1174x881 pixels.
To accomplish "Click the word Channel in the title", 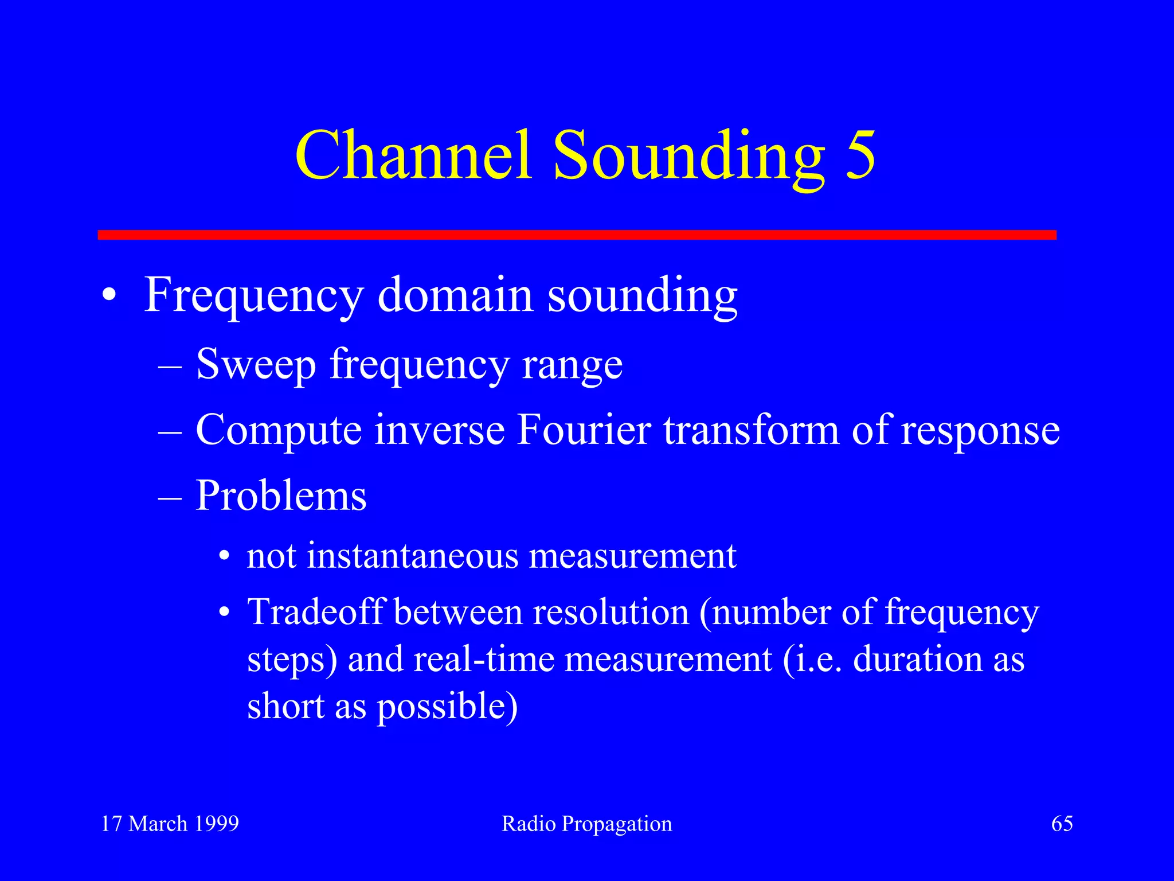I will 413,155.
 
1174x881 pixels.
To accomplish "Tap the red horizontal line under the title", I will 577,235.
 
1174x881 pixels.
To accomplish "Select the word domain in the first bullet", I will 455,295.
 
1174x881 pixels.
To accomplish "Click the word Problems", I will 281,496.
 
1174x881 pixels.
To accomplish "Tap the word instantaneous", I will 410,556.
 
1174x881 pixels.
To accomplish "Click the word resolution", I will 611,612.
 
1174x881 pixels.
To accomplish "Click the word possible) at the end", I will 447,707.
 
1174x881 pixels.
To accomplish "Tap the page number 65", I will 1062,824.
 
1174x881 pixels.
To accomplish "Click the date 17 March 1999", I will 170,824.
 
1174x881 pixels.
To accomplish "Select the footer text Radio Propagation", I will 586,824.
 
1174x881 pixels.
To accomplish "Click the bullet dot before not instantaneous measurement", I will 224,557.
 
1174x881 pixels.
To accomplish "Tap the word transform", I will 752,430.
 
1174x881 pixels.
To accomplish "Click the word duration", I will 917,659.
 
